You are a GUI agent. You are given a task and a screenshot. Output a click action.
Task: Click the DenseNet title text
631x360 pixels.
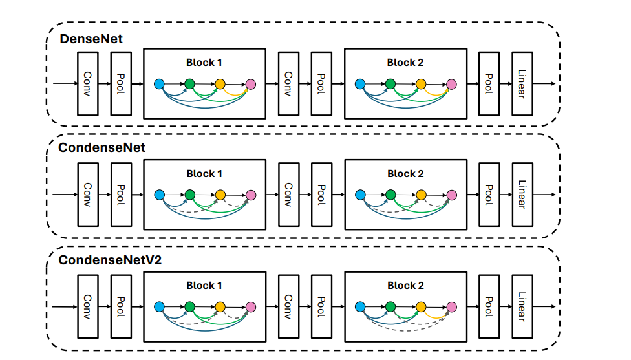(91, 39)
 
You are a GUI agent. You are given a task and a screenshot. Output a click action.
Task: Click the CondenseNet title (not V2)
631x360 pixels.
(102, 147)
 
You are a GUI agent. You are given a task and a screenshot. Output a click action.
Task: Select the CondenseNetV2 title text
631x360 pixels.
(110, 260)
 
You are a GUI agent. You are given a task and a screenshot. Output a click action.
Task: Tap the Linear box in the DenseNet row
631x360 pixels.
(522, 83)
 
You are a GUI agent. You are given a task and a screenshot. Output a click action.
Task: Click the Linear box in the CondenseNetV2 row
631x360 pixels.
(522, 306)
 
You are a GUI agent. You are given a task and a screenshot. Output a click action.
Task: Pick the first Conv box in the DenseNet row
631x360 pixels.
(88, 83)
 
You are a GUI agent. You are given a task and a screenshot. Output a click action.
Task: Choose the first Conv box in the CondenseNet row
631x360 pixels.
(88, 195)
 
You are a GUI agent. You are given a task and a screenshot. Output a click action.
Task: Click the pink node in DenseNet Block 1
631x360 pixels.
(251, 84)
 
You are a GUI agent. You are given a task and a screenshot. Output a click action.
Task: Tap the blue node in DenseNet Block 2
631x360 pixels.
(360, 84)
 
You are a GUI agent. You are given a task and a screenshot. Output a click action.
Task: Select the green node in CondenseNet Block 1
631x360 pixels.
(189, 195)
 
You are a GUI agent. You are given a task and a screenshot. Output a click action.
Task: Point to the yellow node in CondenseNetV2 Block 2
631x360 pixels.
(421, 307)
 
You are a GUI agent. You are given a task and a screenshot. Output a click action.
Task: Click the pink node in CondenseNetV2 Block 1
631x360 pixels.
(251, 307)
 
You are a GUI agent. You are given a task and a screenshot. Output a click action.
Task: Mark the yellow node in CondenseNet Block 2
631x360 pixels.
(421, 195)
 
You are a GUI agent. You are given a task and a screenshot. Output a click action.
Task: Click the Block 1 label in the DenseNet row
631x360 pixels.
(204, 63)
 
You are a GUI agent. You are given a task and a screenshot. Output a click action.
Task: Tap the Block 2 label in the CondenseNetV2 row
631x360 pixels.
(405, 286)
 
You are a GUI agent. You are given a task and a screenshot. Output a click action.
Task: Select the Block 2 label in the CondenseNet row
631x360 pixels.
(405, 174)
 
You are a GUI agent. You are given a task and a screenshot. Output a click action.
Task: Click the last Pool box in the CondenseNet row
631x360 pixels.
(489, 195)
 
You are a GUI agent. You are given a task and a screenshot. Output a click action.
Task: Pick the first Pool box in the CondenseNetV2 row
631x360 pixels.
(121, 306)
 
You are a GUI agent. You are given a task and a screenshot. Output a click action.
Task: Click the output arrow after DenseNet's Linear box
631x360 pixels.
(544, 83)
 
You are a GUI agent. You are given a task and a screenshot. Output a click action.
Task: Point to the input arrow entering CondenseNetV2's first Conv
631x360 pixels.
(65, 307)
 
